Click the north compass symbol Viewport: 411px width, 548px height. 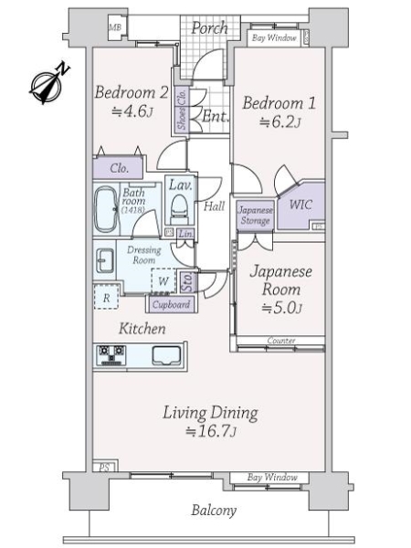click(47, 82)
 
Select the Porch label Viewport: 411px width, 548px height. click(209, 27)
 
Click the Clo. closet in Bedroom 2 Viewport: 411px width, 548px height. click(119, 169)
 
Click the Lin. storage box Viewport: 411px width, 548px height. click(186, 235)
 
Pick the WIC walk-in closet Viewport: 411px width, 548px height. click(300, 204)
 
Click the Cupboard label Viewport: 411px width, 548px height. click(170, 304)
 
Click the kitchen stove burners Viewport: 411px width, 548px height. click(111, 353)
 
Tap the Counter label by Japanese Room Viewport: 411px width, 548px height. click(280, 341)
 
